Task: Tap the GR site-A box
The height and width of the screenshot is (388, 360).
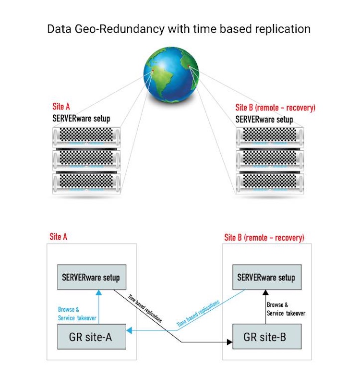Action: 91,336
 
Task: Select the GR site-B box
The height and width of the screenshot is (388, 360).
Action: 267,336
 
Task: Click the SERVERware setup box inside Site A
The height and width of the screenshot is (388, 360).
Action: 91,277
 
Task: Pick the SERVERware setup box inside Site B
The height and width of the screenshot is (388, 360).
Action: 266,277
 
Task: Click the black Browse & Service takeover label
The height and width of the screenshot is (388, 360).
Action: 286,309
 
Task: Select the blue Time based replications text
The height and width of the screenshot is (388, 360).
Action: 198,314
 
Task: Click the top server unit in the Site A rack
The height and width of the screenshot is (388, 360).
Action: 86,135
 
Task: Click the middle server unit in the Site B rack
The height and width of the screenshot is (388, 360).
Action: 270,158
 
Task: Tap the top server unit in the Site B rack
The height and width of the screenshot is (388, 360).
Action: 270,135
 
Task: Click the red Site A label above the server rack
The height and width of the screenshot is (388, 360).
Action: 61,107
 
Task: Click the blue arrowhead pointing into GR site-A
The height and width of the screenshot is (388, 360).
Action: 129,330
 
